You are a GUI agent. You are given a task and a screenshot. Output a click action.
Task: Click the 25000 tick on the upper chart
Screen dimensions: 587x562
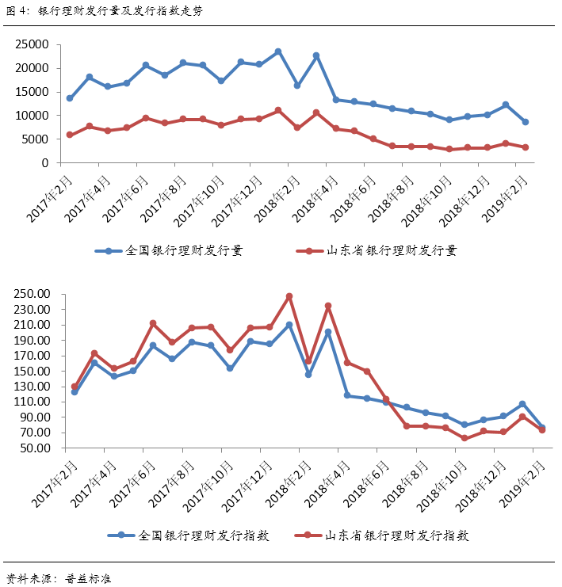[x=32, y=44]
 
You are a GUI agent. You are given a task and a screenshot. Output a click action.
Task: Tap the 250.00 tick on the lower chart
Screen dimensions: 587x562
[x=32, y=294]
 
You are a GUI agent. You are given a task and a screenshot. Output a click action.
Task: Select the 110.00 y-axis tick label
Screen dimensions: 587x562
[x=32, y=402]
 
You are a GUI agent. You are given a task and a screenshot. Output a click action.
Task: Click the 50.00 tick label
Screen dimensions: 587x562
[x=36, y=448]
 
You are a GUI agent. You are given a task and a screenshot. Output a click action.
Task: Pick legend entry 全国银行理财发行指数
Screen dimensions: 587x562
[x=188, y=536]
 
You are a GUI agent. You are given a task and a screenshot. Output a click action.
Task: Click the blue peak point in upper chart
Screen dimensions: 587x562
[x=278, y=51]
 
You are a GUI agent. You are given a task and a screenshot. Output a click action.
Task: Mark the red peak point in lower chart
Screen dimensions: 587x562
[x=289, y=296]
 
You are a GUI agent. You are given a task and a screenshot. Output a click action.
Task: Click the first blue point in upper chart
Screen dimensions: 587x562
[x=70, y=98]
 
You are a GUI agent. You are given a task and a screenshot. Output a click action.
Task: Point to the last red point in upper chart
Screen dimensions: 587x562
[x=525, y=147]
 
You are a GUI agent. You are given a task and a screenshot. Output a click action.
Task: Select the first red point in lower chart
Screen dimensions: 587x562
[x=75, y=387]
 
